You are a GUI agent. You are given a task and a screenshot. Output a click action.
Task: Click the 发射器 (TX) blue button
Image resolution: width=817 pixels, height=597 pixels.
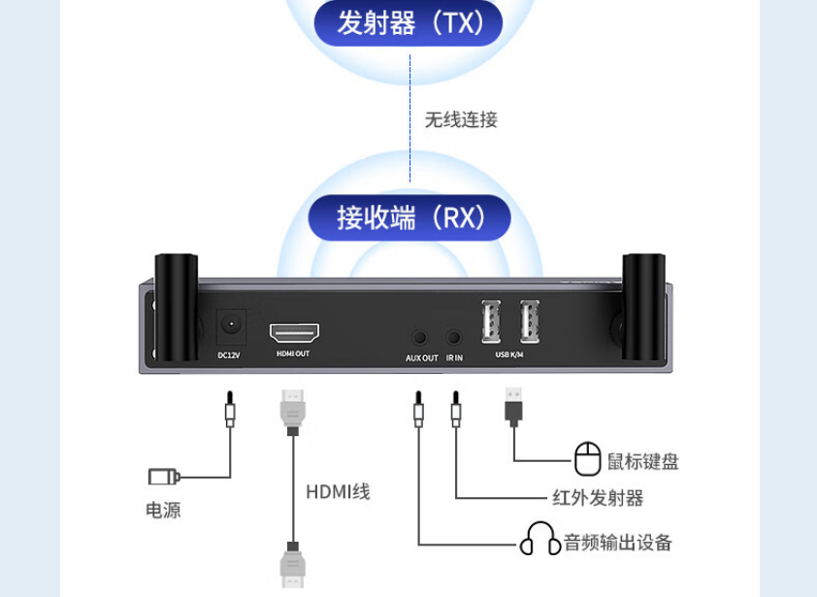(409, 22)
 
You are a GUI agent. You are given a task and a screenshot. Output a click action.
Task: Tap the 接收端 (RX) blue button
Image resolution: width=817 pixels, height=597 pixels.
(409, 217)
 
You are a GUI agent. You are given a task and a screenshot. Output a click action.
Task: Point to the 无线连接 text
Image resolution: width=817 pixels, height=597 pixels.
(461, 119)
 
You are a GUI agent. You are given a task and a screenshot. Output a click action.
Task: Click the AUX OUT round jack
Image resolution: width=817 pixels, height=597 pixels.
(420, 338)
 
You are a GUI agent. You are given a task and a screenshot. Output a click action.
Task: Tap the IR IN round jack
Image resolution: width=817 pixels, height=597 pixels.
(454, 338)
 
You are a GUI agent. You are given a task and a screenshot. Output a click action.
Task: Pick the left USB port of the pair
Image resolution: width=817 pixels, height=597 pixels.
(491, 321)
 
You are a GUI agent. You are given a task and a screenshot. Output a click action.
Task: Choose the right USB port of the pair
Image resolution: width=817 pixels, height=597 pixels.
(529, 321)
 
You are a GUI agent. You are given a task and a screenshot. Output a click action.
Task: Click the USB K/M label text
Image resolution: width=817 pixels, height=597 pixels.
(509, 355)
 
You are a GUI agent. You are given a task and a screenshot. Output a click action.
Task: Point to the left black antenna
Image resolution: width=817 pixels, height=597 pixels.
(176, 305)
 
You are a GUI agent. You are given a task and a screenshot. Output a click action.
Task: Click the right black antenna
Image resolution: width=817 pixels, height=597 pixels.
(643, 305)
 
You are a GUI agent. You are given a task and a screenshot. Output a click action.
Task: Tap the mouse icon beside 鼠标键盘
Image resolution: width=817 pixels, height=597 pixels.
(588, 458)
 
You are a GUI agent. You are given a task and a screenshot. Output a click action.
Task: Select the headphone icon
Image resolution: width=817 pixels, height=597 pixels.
(540, 540)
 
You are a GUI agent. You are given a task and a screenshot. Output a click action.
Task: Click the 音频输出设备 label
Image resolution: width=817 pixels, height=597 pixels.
(618, 542)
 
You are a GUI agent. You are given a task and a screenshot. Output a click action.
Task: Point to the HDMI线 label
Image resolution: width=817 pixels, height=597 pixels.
(338, 492)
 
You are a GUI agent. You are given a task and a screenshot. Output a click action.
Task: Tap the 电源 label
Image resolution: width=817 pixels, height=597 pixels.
(163, 510)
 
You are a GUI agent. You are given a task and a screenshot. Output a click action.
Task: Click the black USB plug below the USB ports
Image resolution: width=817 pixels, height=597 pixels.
(513, 405)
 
